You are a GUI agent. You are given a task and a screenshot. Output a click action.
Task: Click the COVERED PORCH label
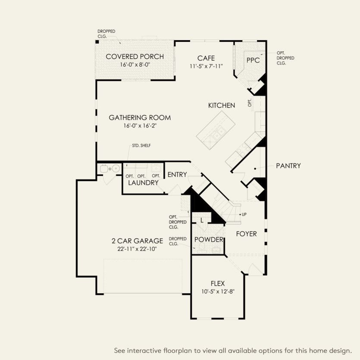click(135, 56)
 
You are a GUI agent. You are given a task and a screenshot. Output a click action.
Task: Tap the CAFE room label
click(206, 58)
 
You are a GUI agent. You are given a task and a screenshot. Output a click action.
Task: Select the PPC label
click(253, 60)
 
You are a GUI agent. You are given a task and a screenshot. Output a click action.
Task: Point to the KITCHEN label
click(221, 105)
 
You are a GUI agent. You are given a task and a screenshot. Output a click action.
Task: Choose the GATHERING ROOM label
click(139, 117)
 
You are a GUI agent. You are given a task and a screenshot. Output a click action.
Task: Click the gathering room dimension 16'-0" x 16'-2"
click(139, 126)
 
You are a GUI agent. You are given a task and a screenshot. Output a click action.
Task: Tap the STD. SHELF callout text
click(141, 145)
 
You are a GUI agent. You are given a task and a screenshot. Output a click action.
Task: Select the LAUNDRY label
click(144, 183)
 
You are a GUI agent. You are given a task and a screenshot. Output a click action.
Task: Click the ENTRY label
click(177, 175)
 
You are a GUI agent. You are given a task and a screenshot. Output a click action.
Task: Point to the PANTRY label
click(288, 166)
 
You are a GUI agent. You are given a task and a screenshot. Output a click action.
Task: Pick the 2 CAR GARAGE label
click(137, 241)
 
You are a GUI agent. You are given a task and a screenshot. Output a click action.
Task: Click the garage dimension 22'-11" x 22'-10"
click(137, 249)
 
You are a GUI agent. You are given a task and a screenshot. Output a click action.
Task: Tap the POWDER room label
click(209, 240)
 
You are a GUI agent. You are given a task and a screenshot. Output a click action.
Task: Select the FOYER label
click(246, 234)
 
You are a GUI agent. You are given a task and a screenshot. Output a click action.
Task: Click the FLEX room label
click(218, 283)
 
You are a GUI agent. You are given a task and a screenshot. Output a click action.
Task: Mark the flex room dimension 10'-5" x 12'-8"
click(218, 291)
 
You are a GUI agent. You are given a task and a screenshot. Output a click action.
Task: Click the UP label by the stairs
click(244, 214)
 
